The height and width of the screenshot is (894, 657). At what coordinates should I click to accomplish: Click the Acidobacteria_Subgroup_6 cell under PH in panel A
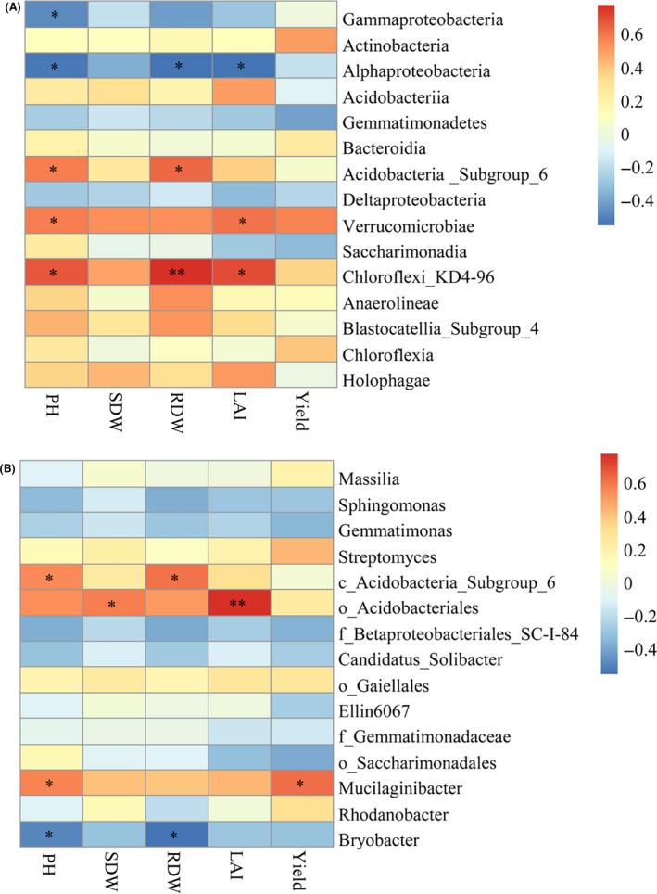point(53,172)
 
